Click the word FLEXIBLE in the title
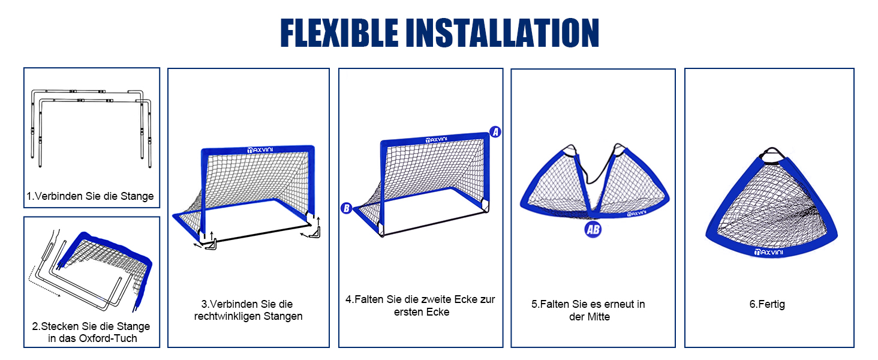pyautogui.click(x=339, y=33)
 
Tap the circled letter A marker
pyautogui.click(x=495, y=132)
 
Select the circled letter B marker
pyautogui.click(x=347, y=208)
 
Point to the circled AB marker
pyautogui.click(x=593, y=229)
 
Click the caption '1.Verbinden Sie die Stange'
pyautogui.click(x=90, y=196)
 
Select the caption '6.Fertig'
pyautogui.click(x=767, y=304)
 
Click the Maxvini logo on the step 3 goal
pyautogui.click(x=260, y=150)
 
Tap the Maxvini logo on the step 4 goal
pyautogui.click(x=436, y=140)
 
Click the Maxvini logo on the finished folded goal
pyautogui.click(x=769, y=252)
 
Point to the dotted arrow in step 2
pyautogui.click(x=43, y=283)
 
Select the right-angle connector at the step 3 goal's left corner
pyautogui.click(x=210, y=245)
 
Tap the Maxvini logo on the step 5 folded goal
pyautogui.click(x=636, y=214)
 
